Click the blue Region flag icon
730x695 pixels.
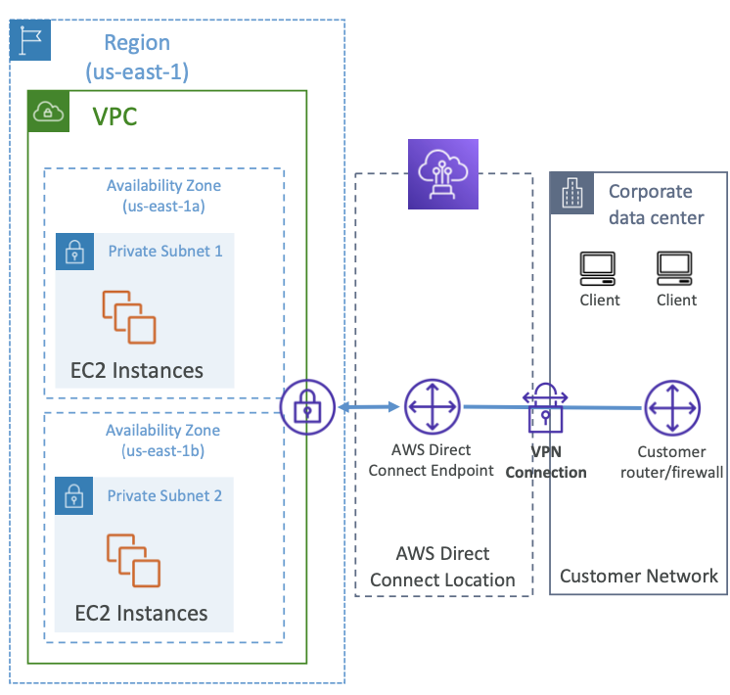[30, 40]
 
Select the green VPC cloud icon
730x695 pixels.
[48, 112]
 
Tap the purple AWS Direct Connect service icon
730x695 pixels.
[442, 174]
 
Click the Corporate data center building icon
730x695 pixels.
[571, 193]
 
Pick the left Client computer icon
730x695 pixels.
[598, 268]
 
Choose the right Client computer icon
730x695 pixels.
[674, 268]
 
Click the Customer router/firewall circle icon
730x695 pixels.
[672, 408]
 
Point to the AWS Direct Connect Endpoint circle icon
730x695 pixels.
[433, 406]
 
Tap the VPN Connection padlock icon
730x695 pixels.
[545, 408]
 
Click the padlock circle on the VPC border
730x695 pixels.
[307, 407]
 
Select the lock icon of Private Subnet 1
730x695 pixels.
[74, 252]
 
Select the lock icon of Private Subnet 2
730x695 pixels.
[74, 495]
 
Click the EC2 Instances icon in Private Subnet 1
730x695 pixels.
[129, 317]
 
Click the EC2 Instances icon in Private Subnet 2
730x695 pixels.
[134, 560]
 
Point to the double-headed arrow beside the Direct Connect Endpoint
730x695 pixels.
[369, 407]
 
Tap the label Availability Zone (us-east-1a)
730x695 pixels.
[163, 196]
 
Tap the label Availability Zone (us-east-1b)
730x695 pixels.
[163, 440]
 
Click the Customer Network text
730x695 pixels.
[639, 577]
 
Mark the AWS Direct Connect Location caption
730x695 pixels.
[442, 567]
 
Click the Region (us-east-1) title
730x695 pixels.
[137, 57]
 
